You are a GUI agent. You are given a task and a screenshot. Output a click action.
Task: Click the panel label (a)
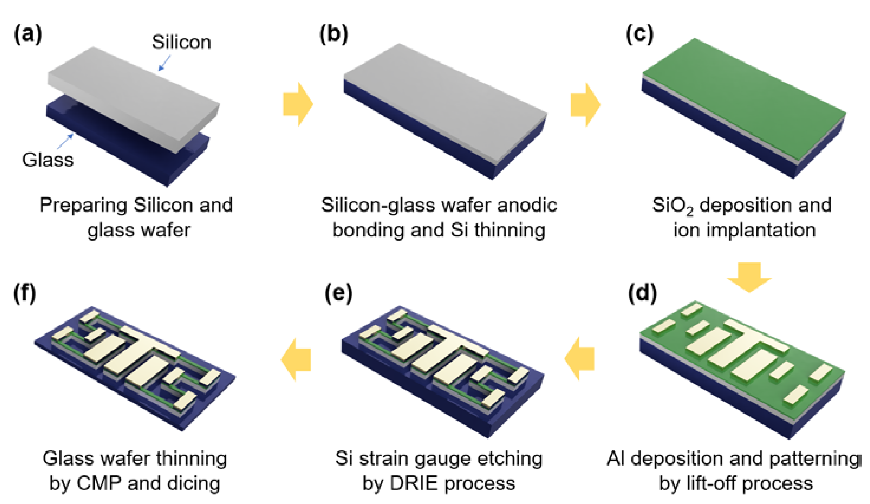click(28, 35)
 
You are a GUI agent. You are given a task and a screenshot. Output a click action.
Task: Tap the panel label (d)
click(642, 294)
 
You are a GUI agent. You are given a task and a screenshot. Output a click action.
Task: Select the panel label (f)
click(25, 294)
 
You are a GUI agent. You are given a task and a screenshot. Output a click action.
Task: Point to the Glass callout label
click(48, 160)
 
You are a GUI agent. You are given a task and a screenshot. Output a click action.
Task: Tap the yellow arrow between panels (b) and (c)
click(586, 105)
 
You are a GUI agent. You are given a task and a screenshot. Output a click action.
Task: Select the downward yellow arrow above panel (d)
click(749, 276)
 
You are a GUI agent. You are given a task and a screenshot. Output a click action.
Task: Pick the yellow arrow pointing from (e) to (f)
click(296, 359)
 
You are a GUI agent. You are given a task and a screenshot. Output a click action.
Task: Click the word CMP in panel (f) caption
click(99, 483)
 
